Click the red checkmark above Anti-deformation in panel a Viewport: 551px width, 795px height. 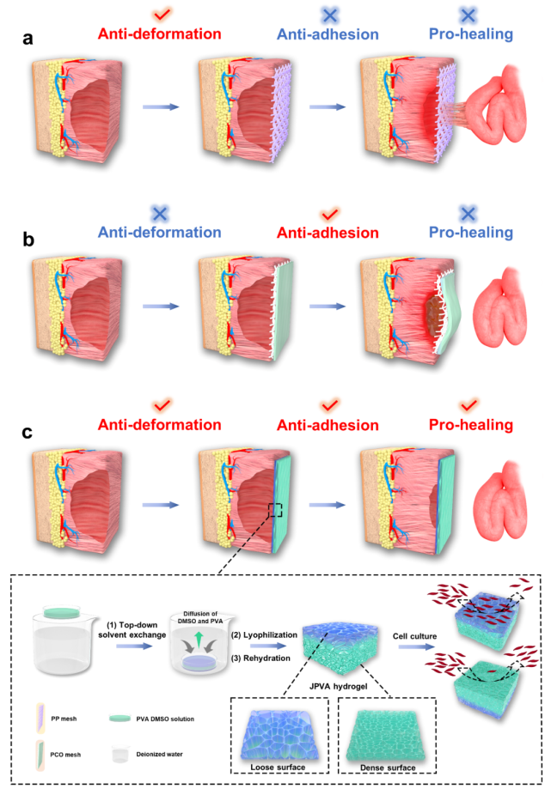click(x=159, y=15)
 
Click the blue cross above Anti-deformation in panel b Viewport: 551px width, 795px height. click(x=159, y=213)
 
